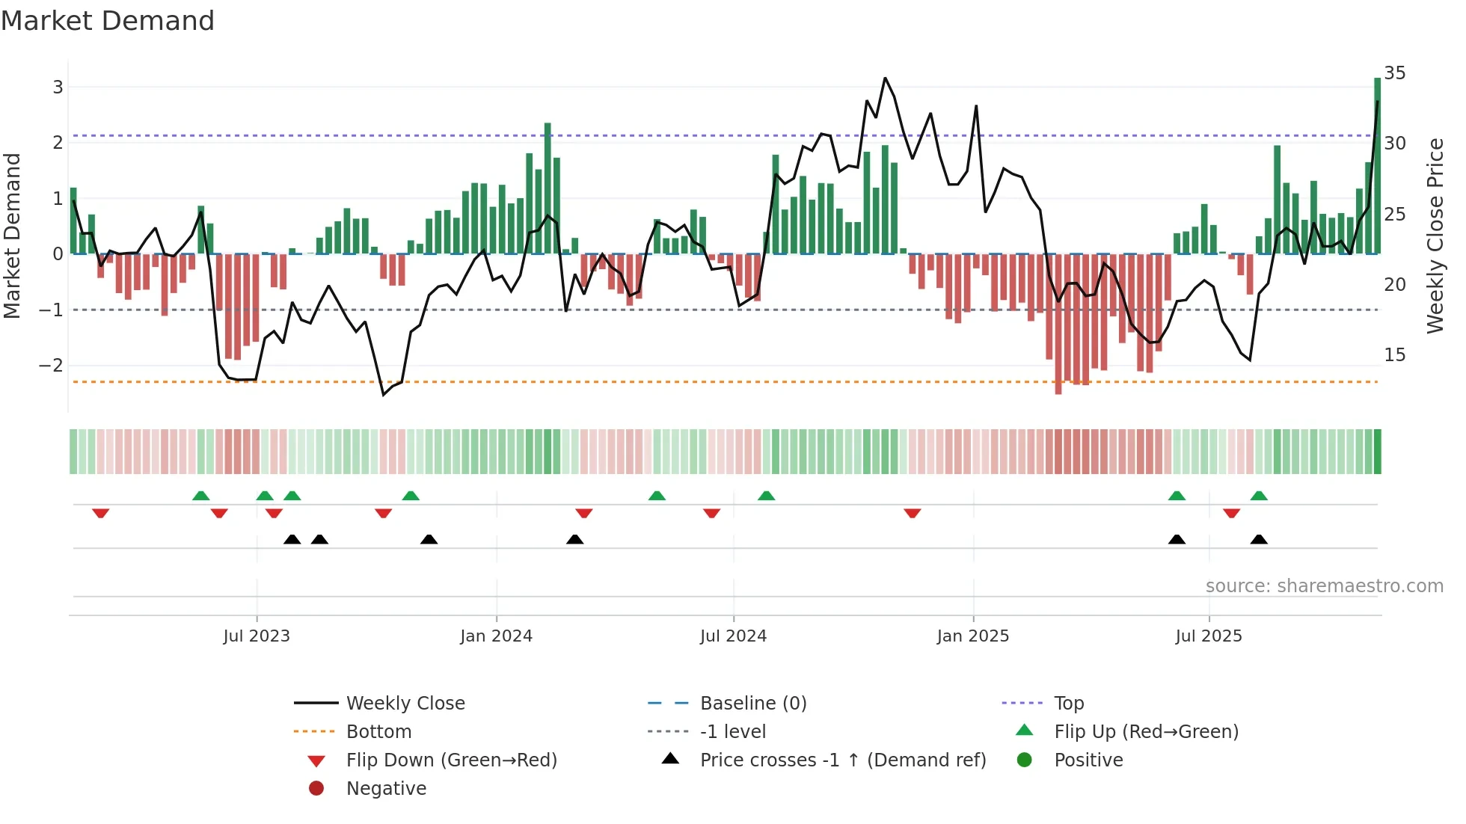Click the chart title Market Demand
108,21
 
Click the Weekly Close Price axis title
1435,236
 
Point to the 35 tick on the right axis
1394,73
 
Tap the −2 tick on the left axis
51,366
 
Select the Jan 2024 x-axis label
496,636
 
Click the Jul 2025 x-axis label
1208,636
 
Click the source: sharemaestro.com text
1324,586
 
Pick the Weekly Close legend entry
405,704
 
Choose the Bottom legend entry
378,732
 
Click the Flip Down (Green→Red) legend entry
451,760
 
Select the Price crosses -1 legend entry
842,760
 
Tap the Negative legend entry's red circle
316,789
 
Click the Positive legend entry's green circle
1025,760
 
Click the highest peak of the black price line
885,79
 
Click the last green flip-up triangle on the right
1259,496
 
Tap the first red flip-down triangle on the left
100,513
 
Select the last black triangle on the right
1259,539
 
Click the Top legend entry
1068,704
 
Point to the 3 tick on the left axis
58,87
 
